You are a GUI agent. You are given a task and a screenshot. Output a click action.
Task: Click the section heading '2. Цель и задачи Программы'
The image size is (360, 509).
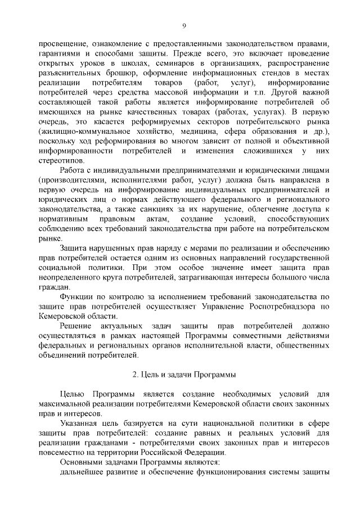coord(184,373)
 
